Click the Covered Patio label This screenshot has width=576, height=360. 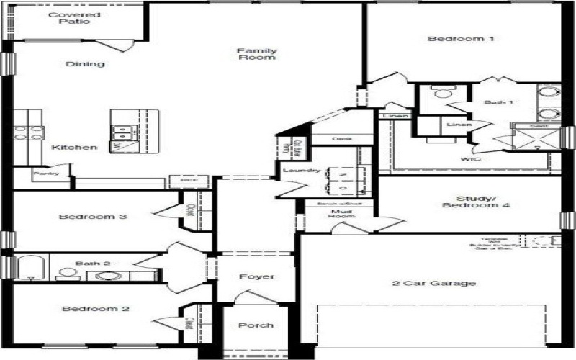(x=74, y=18)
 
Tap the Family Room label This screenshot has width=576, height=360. (x=257, y=54)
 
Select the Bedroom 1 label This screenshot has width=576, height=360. (x=451, y=38)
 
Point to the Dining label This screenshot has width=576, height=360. (x=86, y=64)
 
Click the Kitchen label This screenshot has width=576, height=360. (x=74, y=148)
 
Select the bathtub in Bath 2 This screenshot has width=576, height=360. (x=30, y=269)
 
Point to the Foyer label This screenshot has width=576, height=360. (x=256, y=277)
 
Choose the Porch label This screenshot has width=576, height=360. (x=256, y=325)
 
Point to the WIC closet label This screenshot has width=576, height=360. (x=471, y=158)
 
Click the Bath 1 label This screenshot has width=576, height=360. (x=498, y=103)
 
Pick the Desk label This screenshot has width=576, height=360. (x=341, y=139)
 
